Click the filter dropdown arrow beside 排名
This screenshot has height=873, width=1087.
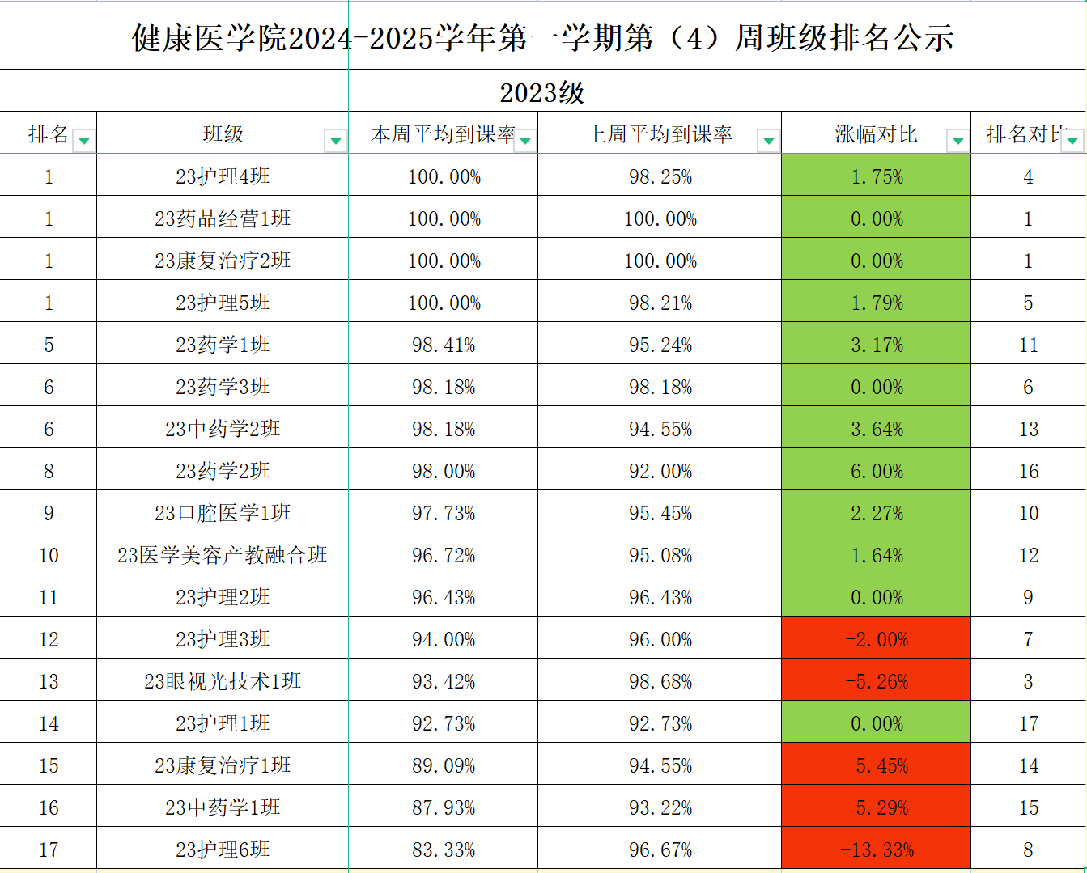83,141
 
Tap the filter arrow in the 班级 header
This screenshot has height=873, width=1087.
335,141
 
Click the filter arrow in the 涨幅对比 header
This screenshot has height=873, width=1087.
957,141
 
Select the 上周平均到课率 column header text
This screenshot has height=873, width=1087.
660,134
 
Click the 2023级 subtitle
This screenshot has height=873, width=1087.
541,92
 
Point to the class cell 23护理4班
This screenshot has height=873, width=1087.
223,176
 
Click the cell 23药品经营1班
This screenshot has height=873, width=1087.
223,218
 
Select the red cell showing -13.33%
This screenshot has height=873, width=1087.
877,850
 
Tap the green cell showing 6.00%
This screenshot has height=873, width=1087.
877,471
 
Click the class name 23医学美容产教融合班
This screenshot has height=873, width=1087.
223,555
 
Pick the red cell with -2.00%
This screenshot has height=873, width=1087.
877,639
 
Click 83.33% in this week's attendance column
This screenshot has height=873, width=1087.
444,850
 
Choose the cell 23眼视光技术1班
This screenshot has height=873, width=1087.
223,681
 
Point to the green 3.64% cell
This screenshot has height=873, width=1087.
877,429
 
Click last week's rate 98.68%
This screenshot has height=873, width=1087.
660,681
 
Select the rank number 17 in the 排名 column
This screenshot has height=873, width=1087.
49,850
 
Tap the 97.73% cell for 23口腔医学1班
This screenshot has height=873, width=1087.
444,513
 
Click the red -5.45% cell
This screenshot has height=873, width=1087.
877,765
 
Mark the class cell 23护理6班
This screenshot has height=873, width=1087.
223,850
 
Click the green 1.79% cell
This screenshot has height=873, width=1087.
877,303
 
